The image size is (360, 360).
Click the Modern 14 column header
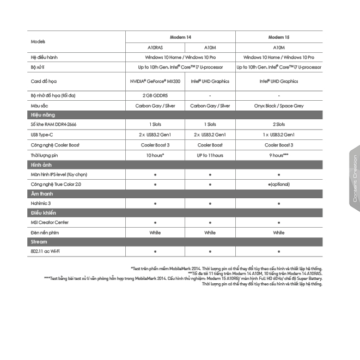point(180,36)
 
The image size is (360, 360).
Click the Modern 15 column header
point(278,36)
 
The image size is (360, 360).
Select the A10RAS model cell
point(155,47)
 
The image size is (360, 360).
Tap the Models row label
point(38,41)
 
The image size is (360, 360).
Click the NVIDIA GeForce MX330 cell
point(155,81)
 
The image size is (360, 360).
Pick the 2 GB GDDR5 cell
point(155,95)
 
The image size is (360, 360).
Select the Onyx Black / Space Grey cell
point(278,106)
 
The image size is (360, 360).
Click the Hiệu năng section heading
point(42,115)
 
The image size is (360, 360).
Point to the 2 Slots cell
point(278,124)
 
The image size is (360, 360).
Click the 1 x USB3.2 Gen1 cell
point(278,135)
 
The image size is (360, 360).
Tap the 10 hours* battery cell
point(155,155)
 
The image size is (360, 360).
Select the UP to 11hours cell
point(210,155)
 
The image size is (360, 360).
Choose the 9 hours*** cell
point(278,155)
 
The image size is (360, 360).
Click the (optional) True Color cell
point(278,184)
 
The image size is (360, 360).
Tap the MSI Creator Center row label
point(50,222)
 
